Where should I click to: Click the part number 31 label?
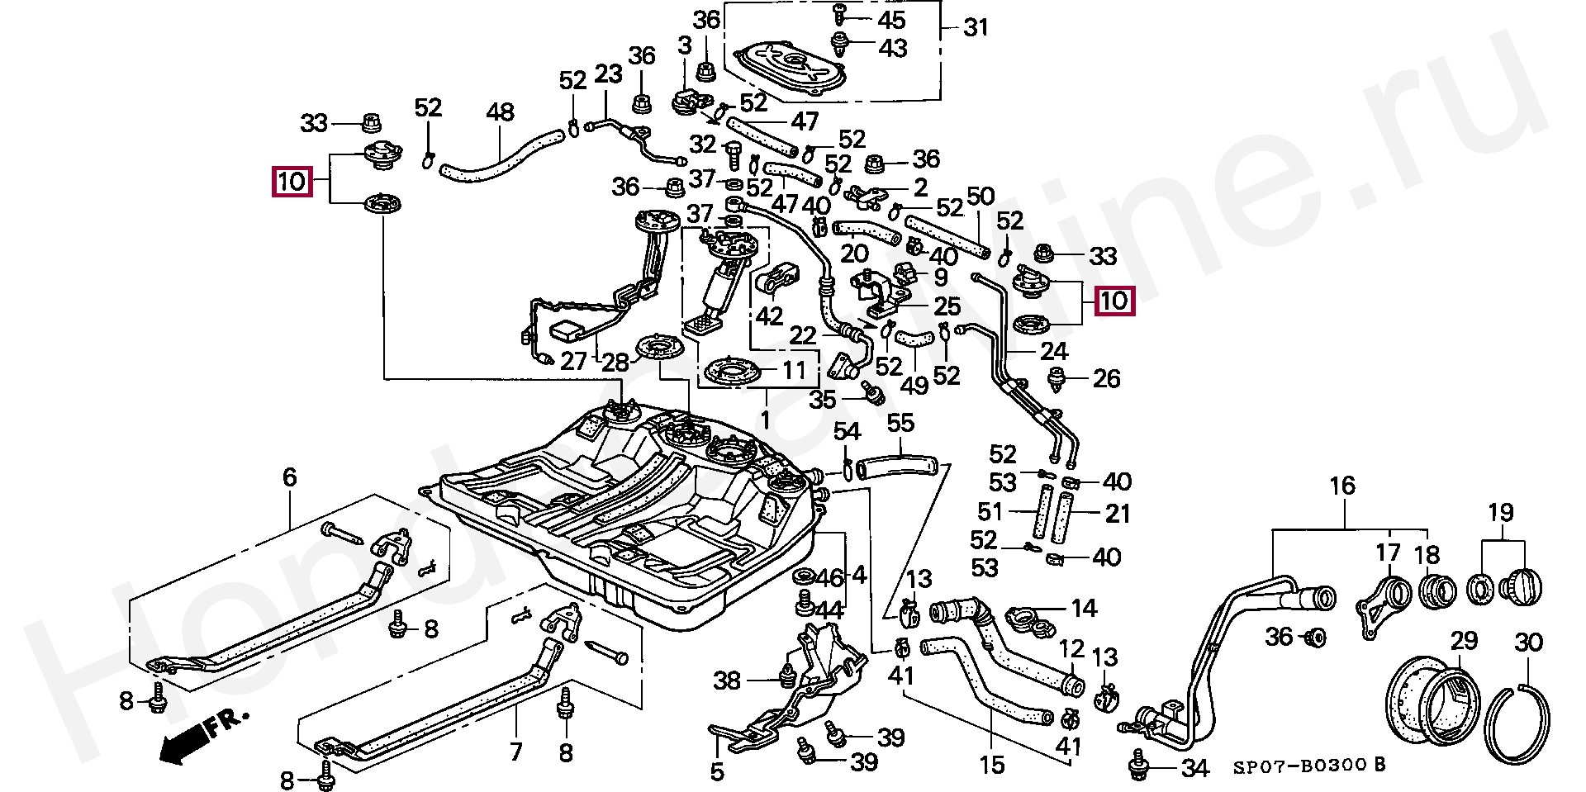(x=976, y=28)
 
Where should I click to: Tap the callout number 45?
(x=892, y=20)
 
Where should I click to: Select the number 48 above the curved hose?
(x=500, y=112)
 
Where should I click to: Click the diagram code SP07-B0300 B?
(x=1309, y=766)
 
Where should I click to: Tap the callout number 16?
(x=1342, y=486)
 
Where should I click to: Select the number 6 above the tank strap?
(x=289, y=477)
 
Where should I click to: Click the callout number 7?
(x=516, y=752)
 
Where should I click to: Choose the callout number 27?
(x=573, y=361)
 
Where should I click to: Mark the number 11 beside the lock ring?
(x=794, y=371)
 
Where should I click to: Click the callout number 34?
(x=1195, y=769)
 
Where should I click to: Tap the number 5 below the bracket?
(x=717, y=772)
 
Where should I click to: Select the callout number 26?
(x=1107, y=379)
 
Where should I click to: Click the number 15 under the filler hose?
(x=992, y=766)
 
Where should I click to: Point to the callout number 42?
(x=769, y=316)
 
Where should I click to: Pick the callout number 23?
(x=608, y=74)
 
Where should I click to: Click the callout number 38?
(x=727, y=681)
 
